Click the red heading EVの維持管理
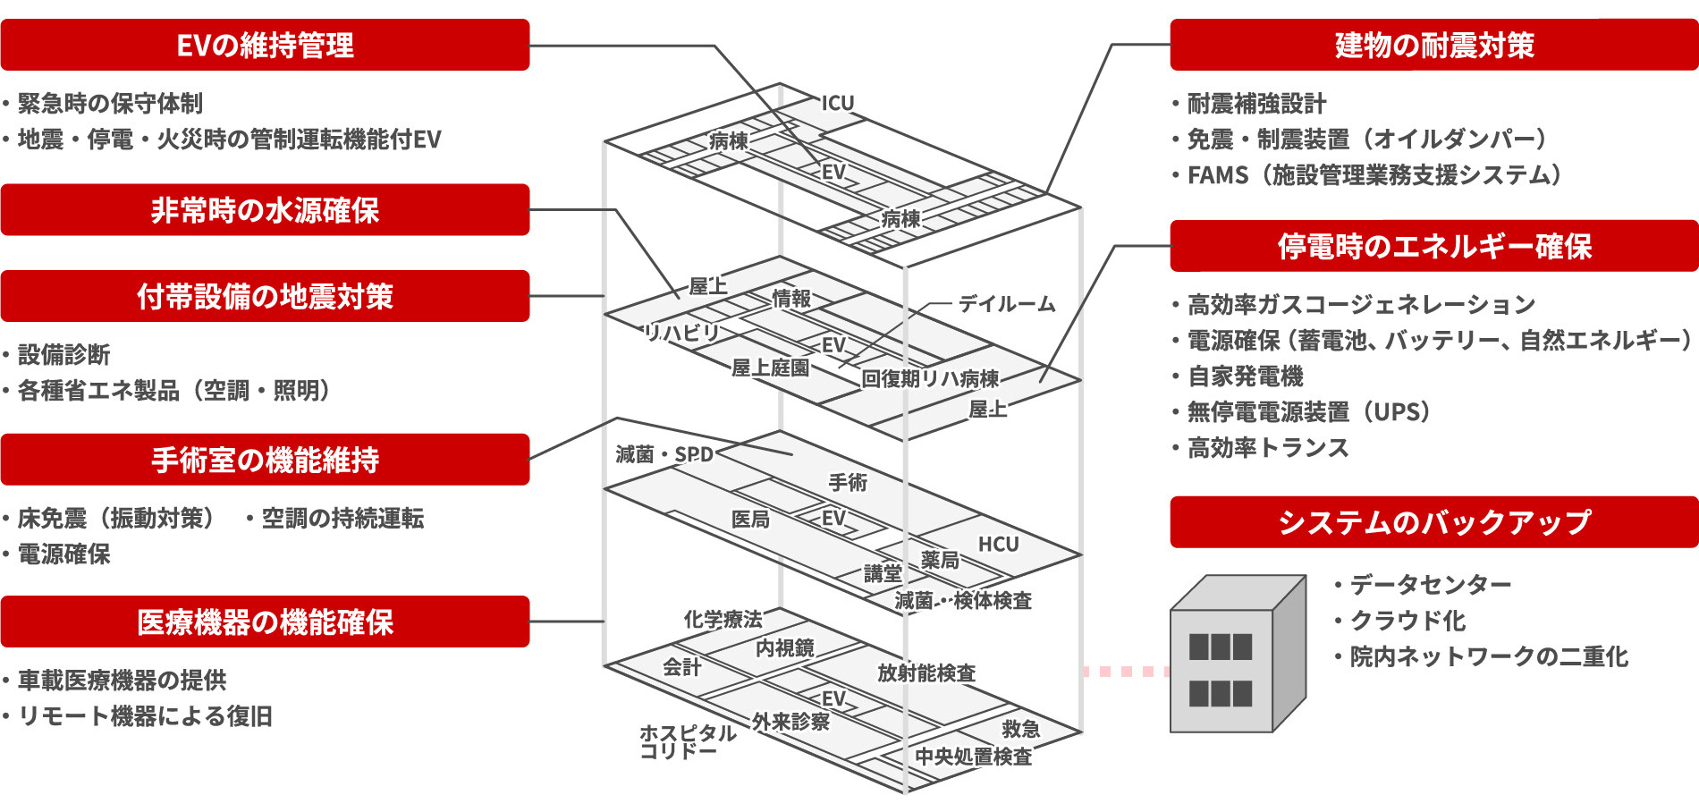point(265,45)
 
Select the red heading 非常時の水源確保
point(265,210)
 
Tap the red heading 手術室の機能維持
point(265,460)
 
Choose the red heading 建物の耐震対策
point(1433,45)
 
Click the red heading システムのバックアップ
point(1433,522)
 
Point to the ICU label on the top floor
point(838,103)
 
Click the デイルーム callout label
point(1007,304)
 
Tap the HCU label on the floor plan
point(998,545)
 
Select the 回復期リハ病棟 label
point(930,379)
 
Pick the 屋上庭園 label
point(770,368)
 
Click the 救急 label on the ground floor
point(1020,730)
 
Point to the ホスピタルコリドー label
point(687,742)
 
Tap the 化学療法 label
point(723,619)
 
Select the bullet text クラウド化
point(1407,621)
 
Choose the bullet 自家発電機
point(1245,376)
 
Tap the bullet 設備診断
point(63,355)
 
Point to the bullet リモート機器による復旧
point(145,716)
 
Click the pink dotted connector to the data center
point(1125,672)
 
